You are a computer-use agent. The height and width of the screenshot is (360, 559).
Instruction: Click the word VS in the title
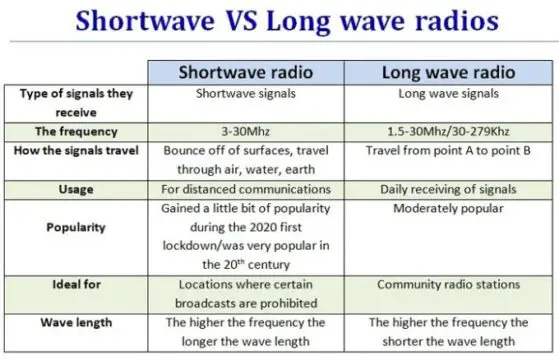pos(241,21)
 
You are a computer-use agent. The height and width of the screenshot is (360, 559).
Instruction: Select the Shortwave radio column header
pos(246,72)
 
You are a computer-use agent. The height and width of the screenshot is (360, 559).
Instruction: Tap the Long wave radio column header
pos(448,72)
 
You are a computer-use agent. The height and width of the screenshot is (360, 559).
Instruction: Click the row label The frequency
pos(76,132)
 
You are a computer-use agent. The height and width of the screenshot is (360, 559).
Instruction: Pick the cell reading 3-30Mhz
pos(246,132)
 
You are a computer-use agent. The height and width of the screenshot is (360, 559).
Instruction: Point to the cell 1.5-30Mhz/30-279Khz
pos(448,132)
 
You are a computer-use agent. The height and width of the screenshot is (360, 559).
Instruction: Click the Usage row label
pos(76,189)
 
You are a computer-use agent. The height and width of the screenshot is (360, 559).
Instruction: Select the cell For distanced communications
pos(246,189)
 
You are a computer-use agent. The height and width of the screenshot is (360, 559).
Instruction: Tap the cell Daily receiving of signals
pos(448,189)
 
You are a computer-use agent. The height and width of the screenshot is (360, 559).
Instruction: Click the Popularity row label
pos(76,227)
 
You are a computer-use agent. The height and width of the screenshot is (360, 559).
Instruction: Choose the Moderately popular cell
pos(448,209)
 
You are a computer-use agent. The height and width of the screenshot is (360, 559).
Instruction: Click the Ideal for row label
pos(76,284)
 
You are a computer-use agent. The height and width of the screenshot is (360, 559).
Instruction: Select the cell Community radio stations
pos(448,284)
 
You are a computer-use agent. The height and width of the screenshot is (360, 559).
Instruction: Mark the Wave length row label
pos(76,323)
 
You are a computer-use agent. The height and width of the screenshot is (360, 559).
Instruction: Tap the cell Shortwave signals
pos(246,94)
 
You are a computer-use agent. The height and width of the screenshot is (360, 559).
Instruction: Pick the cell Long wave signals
pos(448,94)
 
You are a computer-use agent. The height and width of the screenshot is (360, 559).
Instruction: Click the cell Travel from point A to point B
pos(448,151)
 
